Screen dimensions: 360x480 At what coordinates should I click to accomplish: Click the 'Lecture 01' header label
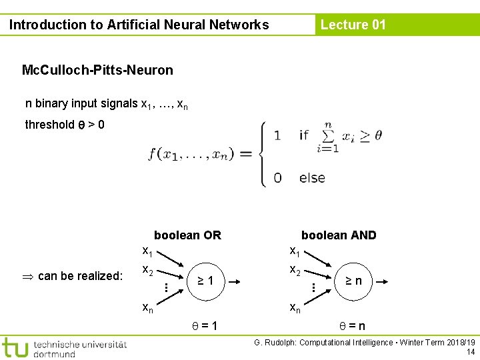pyautogui.click(x=353, y=25)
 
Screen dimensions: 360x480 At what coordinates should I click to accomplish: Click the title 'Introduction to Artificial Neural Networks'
pyautogui.click(x=139, y=25)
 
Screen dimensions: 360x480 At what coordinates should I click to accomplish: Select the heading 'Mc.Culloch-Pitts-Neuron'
pyautogui.click(x=97, y=70)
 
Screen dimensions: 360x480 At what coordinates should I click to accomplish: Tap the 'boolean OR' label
pyautogui.click(x=187, y=235)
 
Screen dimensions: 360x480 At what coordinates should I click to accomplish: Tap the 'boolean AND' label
pyautogui.click(x=339, y=235)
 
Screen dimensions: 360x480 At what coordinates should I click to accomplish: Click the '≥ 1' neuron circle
pyautogui.click(x=205, y=281)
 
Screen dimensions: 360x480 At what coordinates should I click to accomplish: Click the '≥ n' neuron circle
pyautogui.click(x=353, y=281)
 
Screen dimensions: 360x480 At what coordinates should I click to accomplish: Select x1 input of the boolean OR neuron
pyautogui.click(x=147, y=251)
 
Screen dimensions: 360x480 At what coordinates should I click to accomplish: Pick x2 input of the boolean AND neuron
pyautogui.click(x=294, y=271)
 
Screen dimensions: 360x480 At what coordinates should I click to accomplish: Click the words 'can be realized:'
pyautogui.click(x=80, y=276)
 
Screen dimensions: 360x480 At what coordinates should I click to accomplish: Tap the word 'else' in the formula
pyautogui.click(x=312, y=178)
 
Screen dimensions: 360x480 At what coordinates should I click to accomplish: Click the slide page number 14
pyautogui.click(x=470, y=352)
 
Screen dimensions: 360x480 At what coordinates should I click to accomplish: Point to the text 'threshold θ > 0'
pyautogui.click(x=64, y=125)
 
